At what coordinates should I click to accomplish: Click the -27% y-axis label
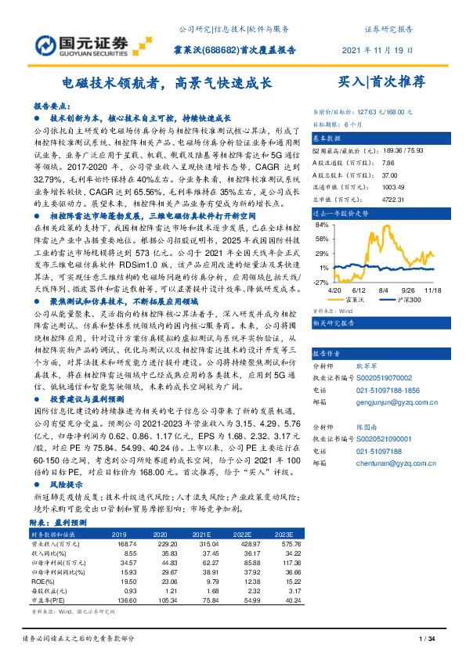(x=320, y=281)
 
